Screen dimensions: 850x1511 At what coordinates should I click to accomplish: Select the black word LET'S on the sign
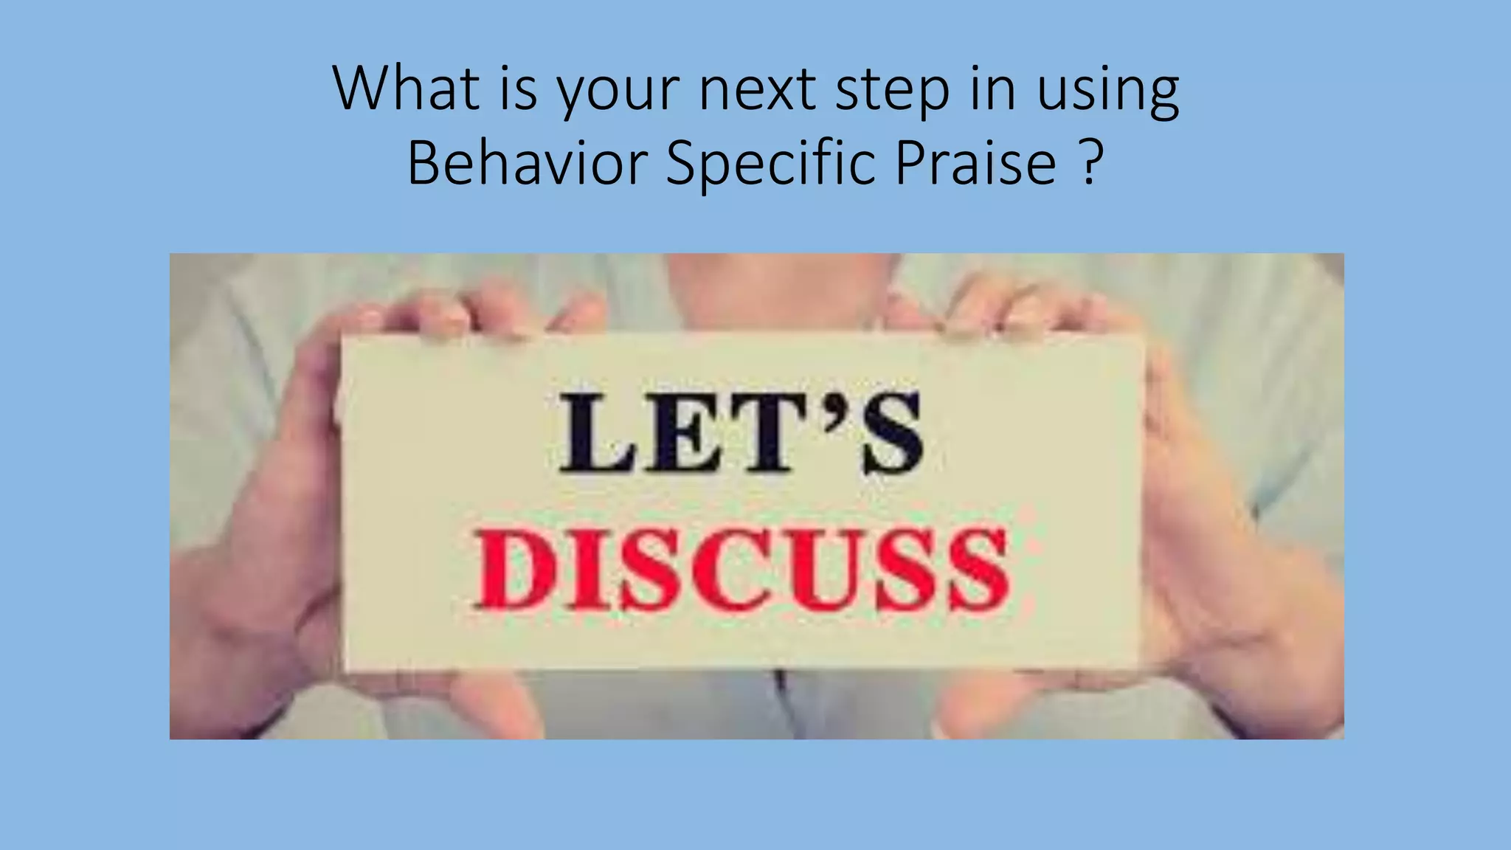(x=741, y=433)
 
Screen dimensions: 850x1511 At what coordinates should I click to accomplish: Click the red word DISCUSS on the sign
(x=742, y=570)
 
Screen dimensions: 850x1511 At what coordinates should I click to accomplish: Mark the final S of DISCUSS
(x=978, y=571)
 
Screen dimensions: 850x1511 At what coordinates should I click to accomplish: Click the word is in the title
(x=518, y=88)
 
